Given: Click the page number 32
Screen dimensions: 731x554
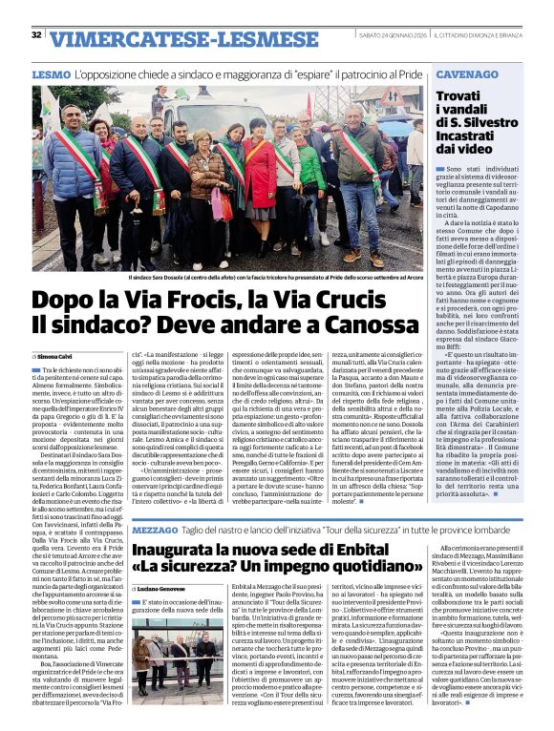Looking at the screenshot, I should click(36, 35).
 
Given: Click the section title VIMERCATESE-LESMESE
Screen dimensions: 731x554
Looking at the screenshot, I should click(158, 39).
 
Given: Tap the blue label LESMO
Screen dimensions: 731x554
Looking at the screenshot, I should click(50, 73).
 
